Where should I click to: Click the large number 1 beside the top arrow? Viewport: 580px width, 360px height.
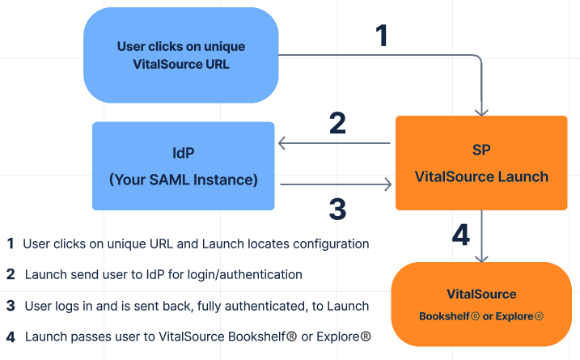[382, 36]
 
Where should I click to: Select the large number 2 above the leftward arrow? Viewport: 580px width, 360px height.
[337, 122]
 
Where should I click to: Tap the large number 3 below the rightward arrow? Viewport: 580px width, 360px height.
[337, 209]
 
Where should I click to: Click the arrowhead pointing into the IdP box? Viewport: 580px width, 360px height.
[282, 144]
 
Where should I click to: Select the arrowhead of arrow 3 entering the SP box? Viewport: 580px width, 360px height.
[387, 185]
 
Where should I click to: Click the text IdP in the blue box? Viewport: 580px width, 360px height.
[183, 152]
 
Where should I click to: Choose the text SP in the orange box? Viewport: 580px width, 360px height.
[481, 150]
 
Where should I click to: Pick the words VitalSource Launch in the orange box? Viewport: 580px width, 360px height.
[481, 176]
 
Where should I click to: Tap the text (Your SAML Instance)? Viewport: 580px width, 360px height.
[183, 180]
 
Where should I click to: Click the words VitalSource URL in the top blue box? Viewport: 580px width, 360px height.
[181, 64]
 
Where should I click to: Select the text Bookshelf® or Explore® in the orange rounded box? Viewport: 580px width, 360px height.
[481, 316]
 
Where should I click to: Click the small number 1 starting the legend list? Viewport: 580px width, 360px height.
[11, 244]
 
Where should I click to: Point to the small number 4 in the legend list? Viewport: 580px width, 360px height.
[11, 337]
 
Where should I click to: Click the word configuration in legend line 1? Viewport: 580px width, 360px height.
[330, 244]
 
